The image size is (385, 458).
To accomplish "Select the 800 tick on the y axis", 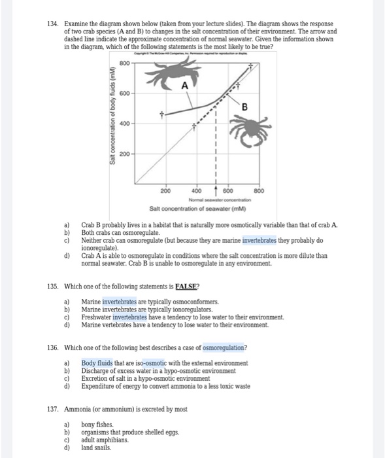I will (124, 63).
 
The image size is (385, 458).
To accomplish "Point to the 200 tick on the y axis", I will (124, 154).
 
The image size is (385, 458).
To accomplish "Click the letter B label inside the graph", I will (244, 107).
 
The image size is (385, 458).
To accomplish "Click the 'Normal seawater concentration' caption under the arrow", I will (215, 199).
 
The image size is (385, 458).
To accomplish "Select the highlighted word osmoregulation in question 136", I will (225, 347).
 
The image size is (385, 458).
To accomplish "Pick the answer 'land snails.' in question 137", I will (96, 448).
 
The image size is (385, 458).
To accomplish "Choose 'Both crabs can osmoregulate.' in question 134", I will (122, 231).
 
